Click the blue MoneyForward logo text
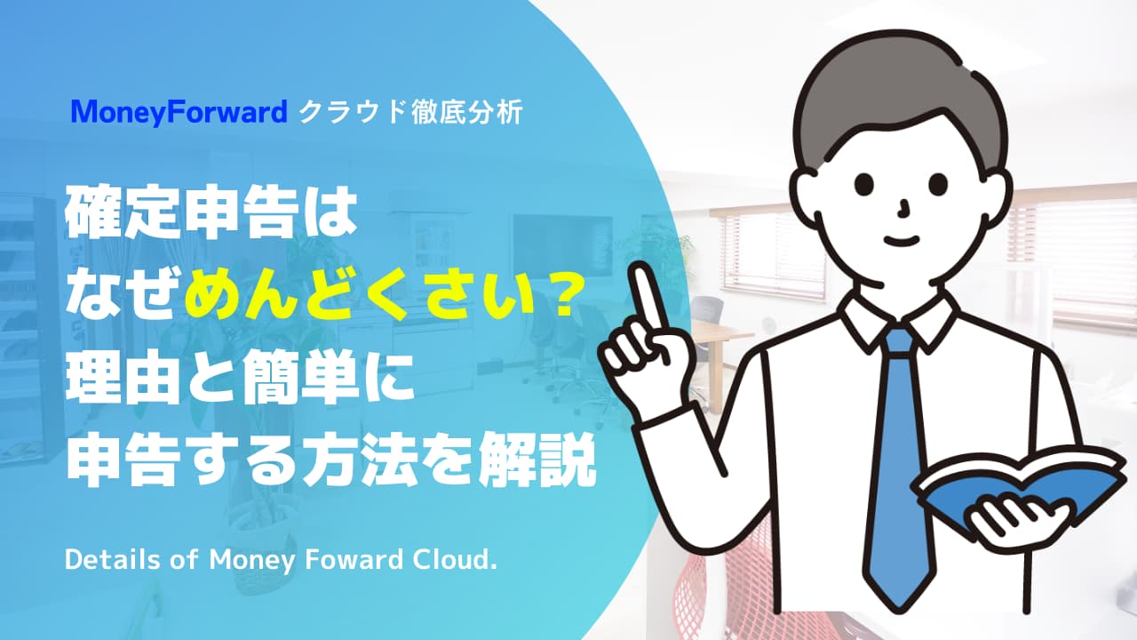click(179, 112)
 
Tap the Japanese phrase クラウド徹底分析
click(411, 112)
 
